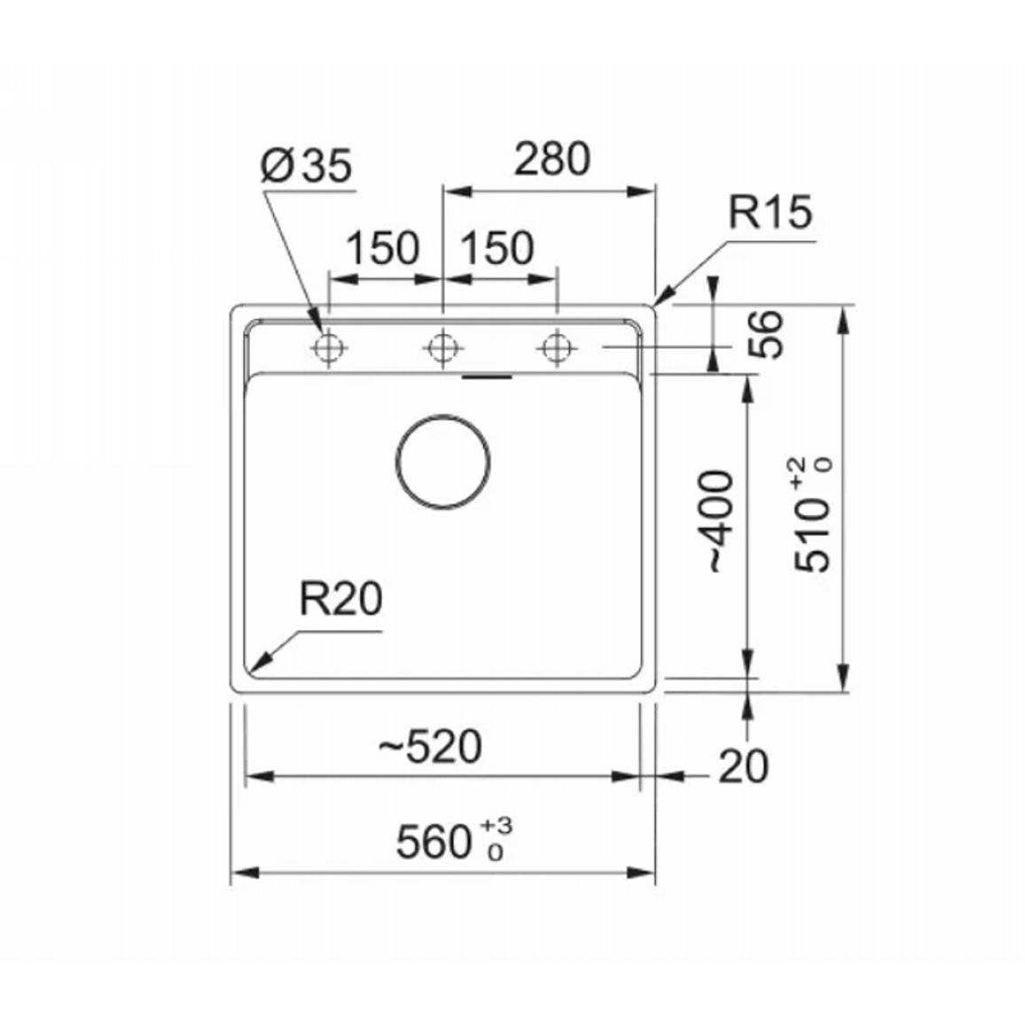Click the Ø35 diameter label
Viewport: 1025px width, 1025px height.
click(306, 166)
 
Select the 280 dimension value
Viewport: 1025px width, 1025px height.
click(552, 159)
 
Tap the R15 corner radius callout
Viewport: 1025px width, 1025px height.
click(770, 212)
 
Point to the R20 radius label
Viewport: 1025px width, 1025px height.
click(340, 599)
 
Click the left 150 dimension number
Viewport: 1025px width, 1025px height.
click(382, 248)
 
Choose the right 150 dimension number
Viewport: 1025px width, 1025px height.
click(497, 248)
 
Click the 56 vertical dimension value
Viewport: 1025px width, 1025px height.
click(765, 334)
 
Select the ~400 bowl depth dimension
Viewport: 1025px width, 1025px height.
click(722, 521)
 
